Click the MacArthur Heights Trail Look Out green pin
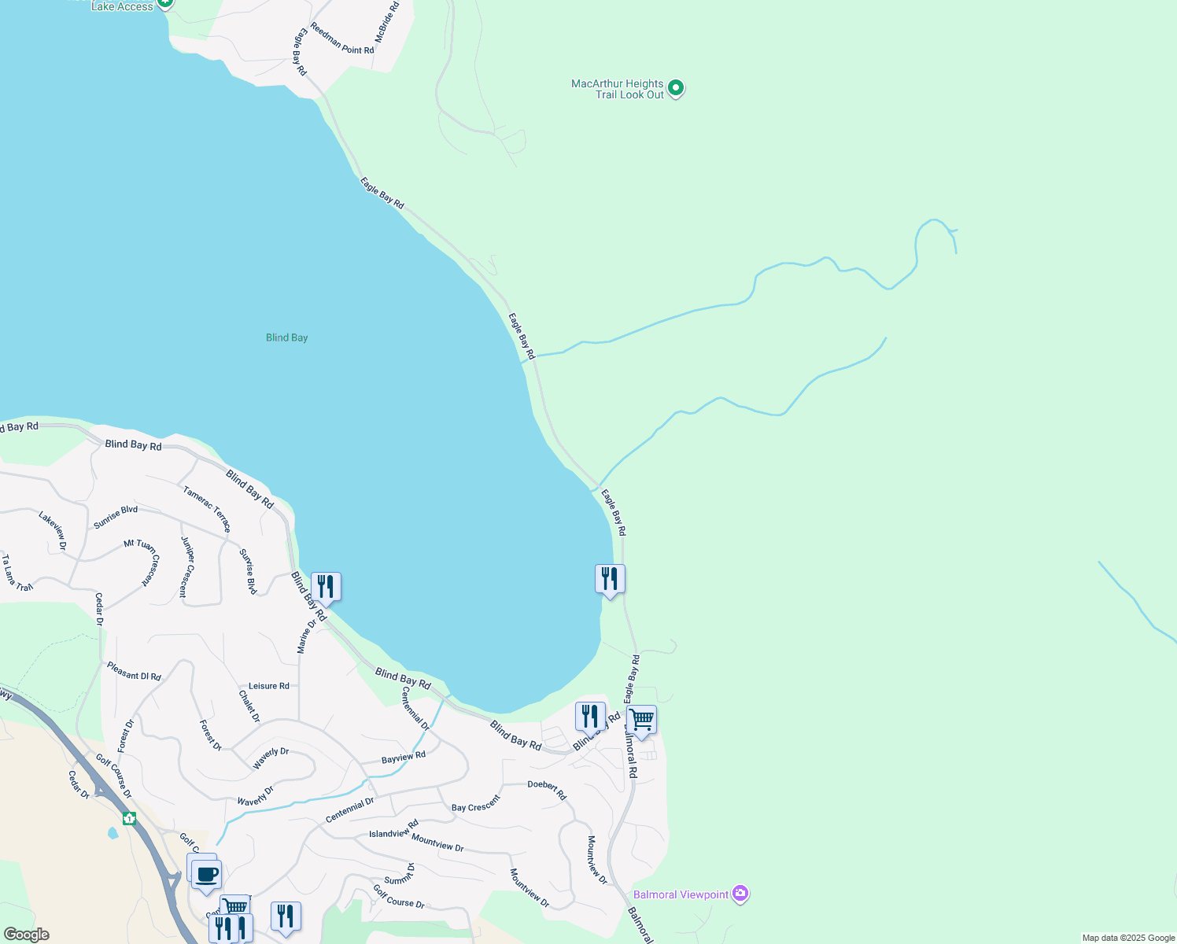tap(675, 88)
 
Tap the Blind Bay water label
tap(286, 337)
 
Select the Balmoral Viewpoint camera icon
tap(740, 894)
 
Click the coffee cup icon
tap(206, 874)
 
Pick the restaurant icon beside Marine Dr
tap(326, 587)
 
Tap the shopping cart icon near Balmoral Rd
tap(642, 720)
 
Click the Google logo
tap(26, 935)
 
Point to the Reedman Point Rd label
tap(341, 39)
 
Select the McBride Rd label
tap(386, 22)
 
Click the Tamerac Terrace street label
tap(207, 509)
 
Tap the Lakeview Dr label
tap(53, 529)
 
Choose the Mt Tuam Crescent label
tap(142, 561)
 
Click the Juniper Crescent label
tap(186, 566)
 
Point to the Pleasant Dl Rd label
tap(134, 671)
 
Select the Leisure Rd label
tap(268, 686)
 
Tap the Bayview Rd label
tap(403, 758)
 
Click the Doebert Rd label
tap(547, 789)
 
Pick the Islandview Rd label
tap(393, 829)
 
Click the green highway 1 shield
tap(129, 818)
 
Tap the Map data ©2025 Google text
tap(1128, 938)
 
